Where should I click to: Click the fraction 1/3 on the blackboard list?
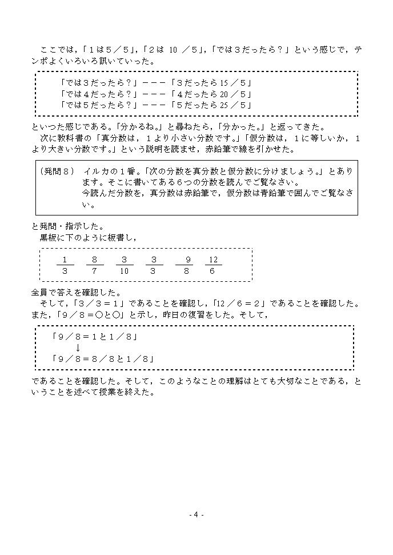(65, 265)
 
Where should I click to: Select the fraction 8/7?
(94, 265)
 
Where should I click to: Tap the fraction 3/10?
(124, 265)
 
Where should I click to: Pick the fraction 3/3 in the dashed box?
(154, 265)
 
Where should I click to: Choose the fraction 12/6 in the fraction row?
(213, 265)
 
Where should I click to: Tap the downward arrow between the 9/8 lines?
(78, 348)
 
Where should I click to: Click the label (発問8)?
(57, 171)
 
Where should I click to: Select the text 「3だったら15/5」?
(211, 83)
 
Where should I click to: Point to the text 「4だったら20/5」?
(211, 94)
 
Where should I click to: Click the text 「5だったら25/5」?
(211, 105)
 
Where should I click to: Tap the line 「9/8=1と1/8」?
(95, 337)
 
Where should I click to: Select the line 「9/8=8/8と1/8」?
(103, 359)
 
